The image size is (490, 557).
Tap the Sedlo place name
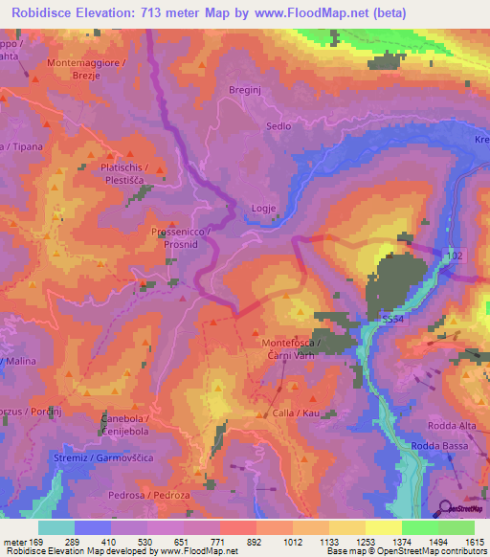point(278,125)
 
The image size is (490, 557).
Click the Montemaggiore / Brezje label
point(87,70)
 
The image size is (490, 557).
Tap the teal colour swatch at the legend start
point(56,527)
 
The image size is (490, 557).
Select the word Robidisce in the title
point(43,13)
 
